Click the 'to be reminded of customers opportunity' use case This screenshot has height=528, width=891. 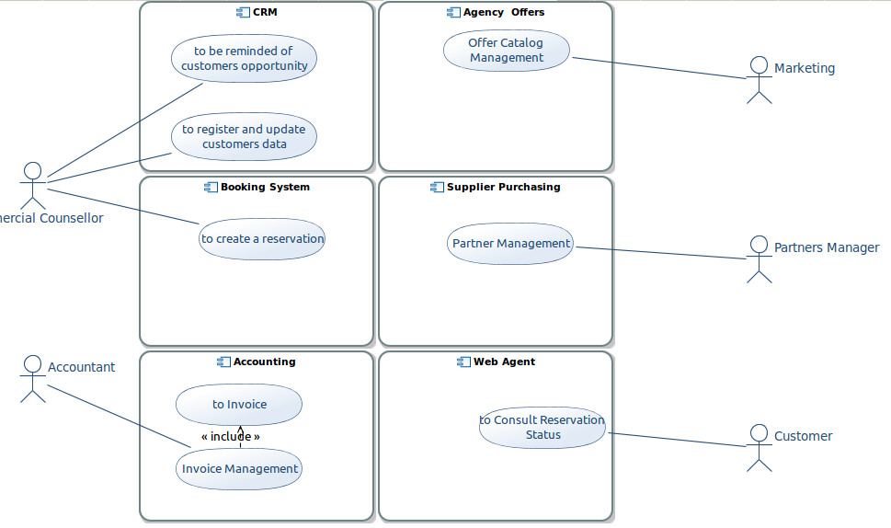(244, 59)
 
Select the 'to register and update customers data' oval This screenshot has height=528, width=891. (244, 136)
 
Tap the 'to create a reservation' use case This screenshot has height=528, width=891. (262, 239)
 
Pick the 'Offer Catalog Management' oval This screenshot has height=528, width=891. (507, 51)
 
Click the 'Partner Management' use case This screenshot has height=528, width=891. (510, 243)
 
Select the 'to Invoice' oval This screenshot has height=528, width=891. (239, 405)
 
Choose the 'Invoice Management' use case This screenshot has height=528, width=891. (239, 469)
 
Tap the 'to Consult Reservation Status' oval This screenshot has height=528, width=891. (543, 428)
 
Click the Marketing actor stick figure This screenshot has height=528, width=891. (760, 80)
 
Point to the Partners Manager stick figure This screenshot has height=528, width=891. (760, 259)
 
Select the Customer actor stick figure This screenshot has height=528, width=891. (760, 448)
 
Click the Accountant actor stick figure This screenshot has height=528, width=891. (33, 379)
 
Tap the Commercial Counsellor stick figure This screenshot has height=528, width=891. (33, 186)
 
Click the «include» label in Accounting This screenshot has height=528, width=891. (231, 437)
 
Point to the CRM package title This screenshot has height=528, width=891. (265, 12)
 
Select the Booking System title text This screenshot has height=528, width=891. (265, 187)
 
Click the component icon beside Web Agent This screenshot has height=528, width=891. (463, 362)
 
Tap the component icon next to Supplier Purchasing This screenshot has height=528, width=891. (437, 187)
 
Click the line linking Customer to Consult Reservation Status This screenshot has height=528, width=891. (678, 440)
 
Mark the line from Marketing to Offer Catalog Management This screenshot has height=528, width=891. (659, 68)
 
